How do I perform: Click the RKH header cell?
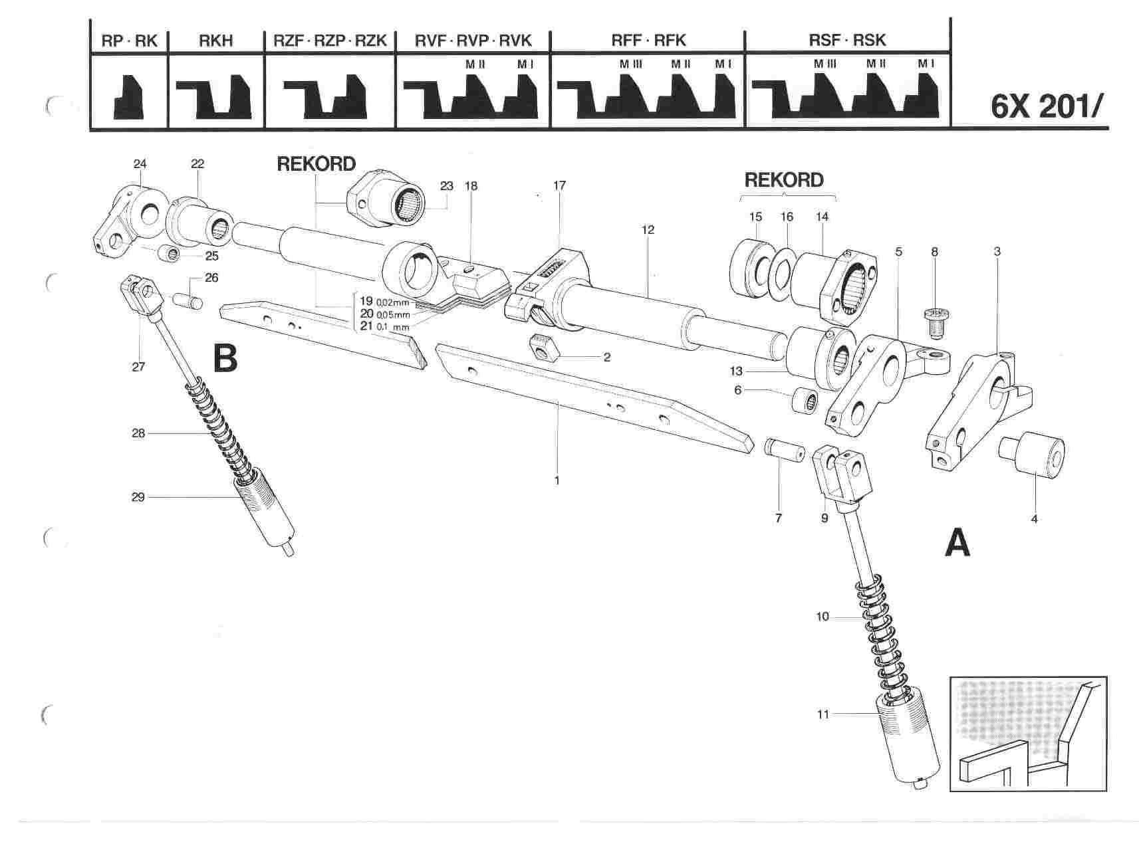(216, 41)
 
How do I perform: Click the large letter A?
(957, 545)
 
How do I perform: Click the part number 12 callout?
(648, 230)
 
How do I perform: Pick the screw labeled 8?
(935, 322)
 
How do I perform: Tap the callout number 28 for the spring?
(138, 433)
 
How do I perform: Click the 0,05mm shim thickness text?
(393, 314)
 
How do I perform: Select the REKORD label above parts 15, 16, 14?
(784, 180)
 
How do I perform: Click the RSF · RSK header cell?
(847, 41)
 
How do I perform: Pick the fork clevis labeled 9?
(842, 472)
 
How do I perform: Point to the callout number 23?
(447, 186)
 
